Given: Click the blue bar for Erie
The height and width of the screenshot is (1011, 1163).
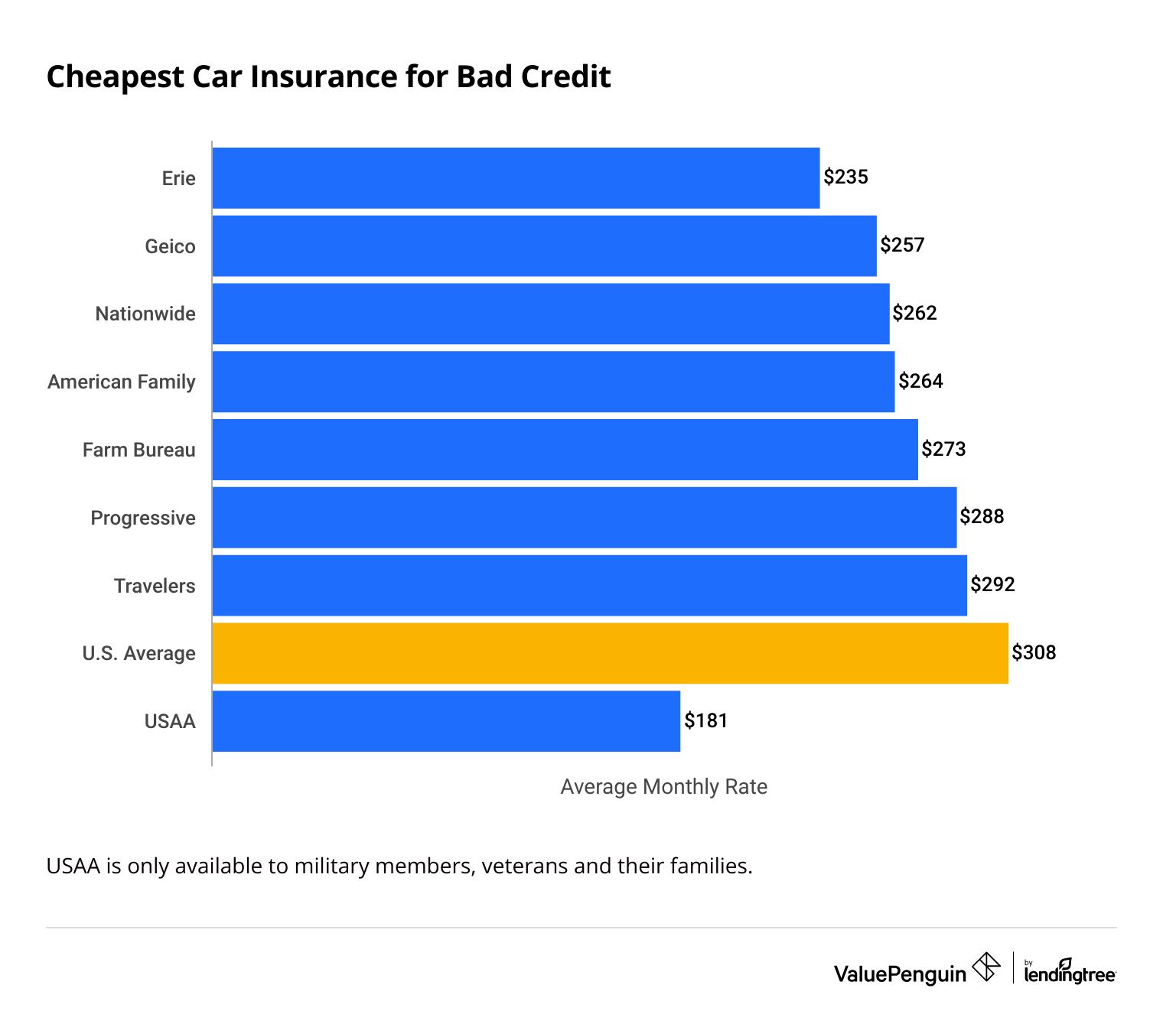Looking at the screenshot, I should click(x=516, y=177).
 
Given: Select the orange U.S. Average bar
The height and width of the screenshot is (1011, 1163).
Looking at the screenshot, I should click(x=610, y=653).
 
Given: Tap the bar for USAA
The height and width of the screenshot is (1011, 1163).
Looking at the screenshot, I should click(x=446, y=721).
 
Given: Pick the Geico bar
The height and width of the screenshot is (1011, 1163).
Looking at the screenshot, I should click(x=544, y=245).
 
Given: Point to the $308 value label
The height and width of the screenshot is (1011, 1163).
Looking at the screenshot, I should click(x=1034, y=652).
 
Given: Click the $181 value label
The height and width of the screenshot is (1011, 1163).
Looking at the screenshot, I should click(x=705, y=720).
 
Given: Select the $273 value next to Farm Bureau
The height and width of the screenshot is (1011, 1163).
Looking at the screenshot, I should click(x=943, y=449).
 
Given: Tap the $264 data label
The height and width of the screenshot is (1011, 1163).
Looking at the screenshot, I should click(x=920, y=381).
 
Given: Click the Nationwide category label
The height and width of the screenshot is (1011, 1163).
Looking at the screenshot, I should click(x=145, y=314).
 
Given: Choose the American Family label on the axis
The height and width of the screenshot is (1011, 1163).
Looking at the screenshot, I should click(x=122, y=382).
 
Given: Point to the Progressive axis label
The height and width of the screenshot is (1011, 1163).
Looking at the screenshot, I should click(x=143, y=518).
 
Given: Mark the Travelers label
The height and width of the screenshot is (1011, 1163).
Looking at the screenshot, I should click(x=155, y=586).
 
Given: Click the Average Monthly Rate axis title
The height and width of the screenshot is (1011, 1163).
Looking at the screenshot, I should click(x=663, y=787).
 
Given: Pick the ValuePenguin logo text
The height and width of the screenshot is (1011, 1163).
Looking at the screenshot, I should click(x=900, y=974).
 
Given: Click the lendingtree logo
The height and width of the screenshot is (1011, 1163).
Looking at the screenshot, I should click(x=1070, y=972).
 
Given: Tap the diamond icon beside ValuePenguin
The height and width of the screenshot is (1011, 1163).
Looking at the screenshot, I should click(x=986, y=967).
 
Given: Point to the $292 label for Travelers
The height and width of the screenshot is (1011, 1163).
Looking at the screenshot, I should click(x=992, y=584).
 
